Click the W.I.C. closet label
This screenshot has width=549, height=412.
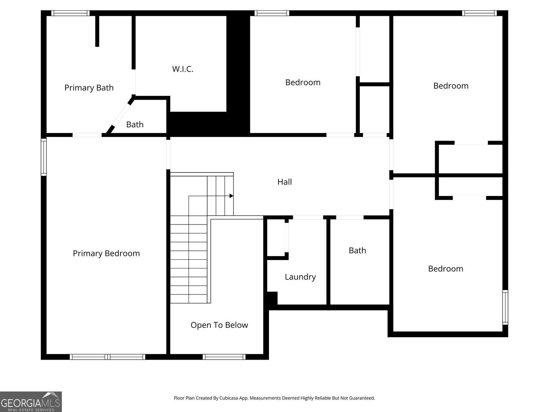pyautogui.click(x=183, y=69)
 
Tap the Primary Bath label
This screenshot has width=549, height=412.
pyautogui.click(x=89, y=88)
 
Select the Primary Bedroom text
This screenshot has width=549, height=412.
pyautogui.click(x=106, y=253)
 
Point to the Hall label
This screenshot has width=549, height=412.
pyautogui.click(x=285, y=182)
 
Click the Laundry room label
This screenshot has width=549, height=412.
pyautogui.click(x=300, y=277)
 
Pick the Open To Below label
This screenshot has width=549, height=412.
pyautogui.click(x=219, y=325)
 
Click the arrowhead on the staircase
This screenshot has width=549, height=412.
pyautogui.click(x=231, y=196)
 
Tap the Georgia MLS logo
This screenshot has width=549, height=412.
pyautogui.click(x=31, y=402)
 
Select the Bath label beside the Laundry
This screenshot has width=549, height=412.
pyautogui.click(x=358, y=250)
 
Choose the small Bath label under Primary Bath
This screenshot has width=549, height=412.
pyautogui.click(x=135, y=125)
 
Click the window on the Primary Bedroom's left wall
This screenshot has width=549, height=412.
pyautogui.click(x=44, y=157)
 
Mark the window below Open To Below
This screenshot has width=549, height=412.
pyautogui.click(x=224, y=357)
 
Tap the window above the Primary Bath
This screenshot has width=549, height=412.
pyautogui.click(x=70, y=13)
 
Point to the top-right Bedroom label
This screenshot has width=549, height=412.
pyautogui.click(x=451, y=86)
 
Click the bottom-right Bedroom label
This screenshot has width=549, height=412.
pyautogui.click(x=445, y=269)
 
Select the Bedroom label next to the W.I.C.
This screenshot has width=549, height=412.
pyautogui.click(x=303, y=82)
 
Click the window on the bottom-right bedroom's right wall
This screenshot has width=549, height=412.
pyautogui.click(x=505, y=307)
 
